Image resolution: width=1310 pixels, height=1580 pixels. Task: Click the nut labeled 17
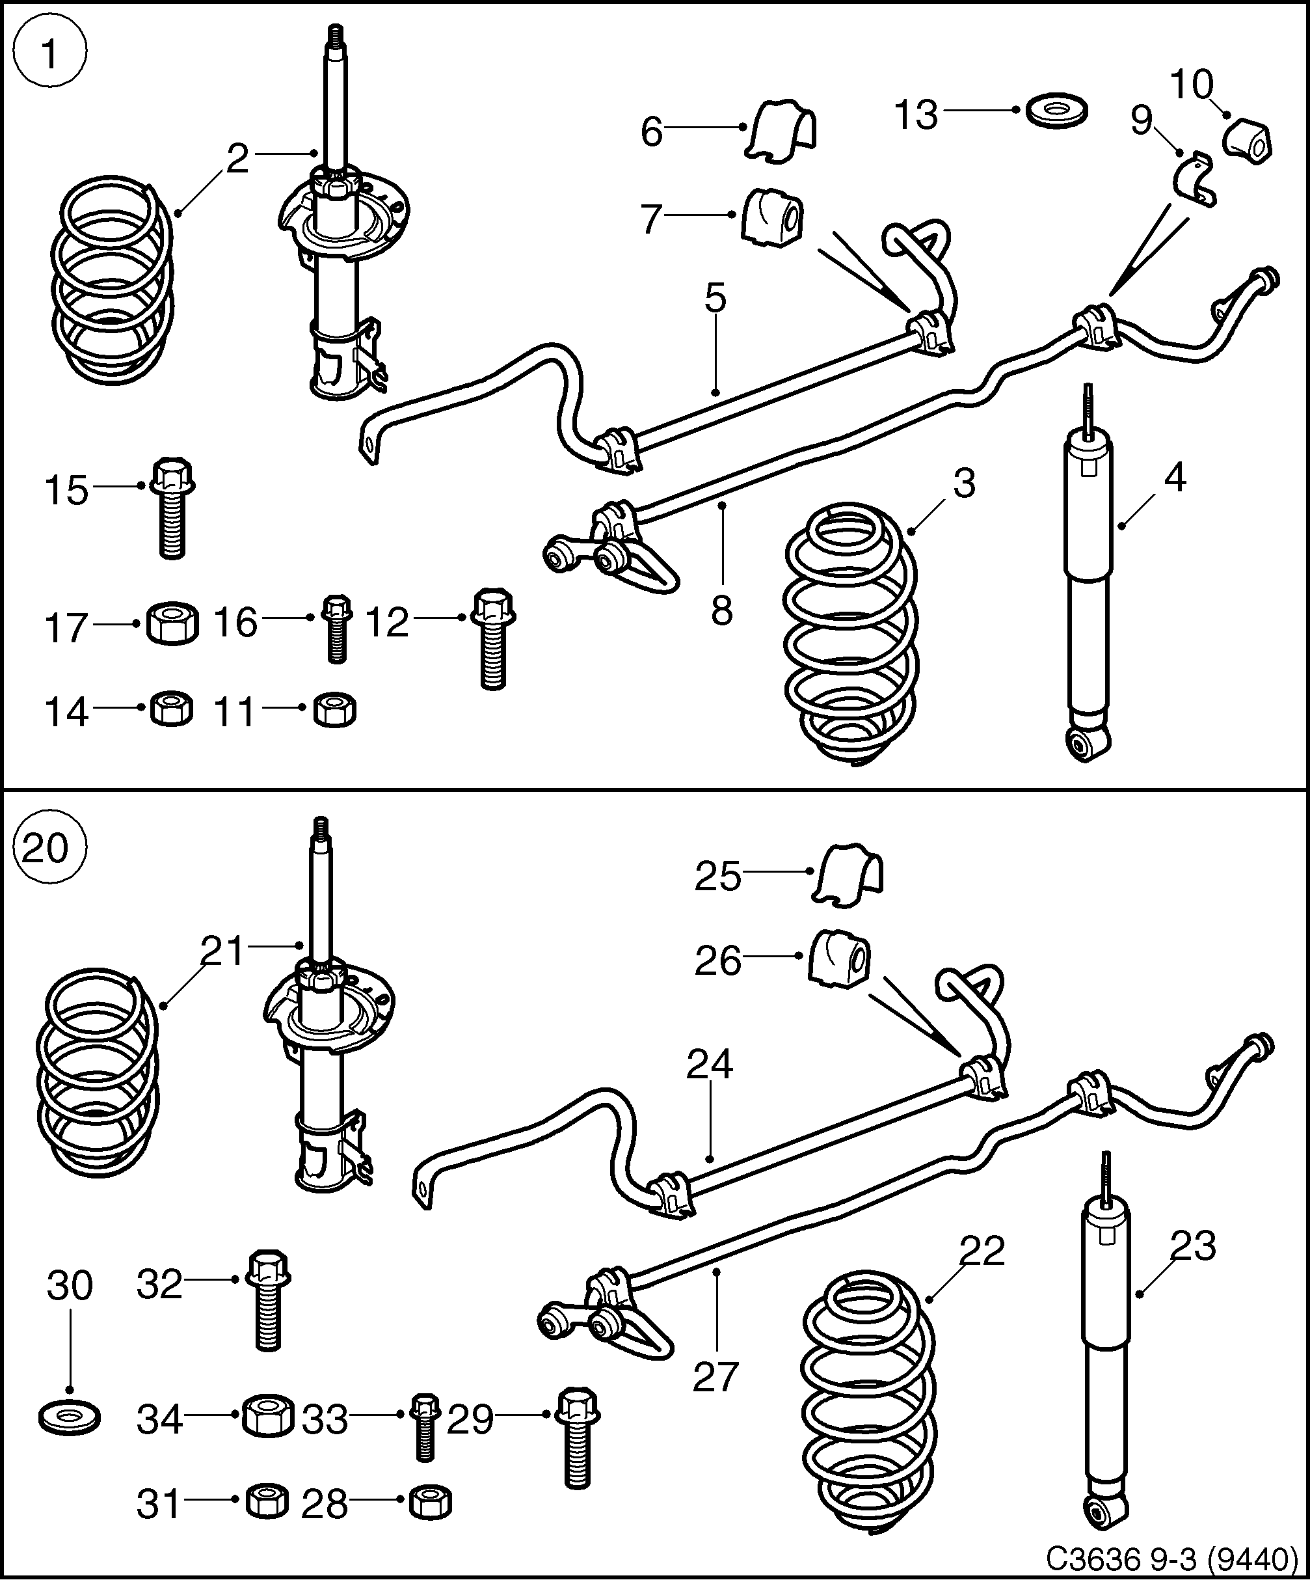(172, 623)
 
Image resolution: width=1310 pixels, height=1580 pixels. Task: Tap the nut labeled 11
(334, 709)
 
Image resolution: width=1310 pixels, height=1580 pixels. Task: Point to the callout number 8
(721, 611)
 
